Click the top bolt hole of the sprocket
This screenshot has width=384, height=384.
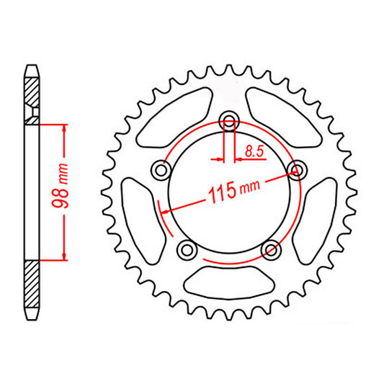pyautogui.click(x=230, y=120)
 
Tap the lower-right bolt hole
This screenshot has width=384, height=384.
pyautogui.click(x=271, y=250)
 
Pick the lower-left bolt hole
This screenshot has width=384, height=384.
pyautogui.click(x=187, y=249)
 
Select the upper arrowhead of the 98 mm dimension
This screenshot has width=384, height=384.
pyautogui.click(x=65, y=128)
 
